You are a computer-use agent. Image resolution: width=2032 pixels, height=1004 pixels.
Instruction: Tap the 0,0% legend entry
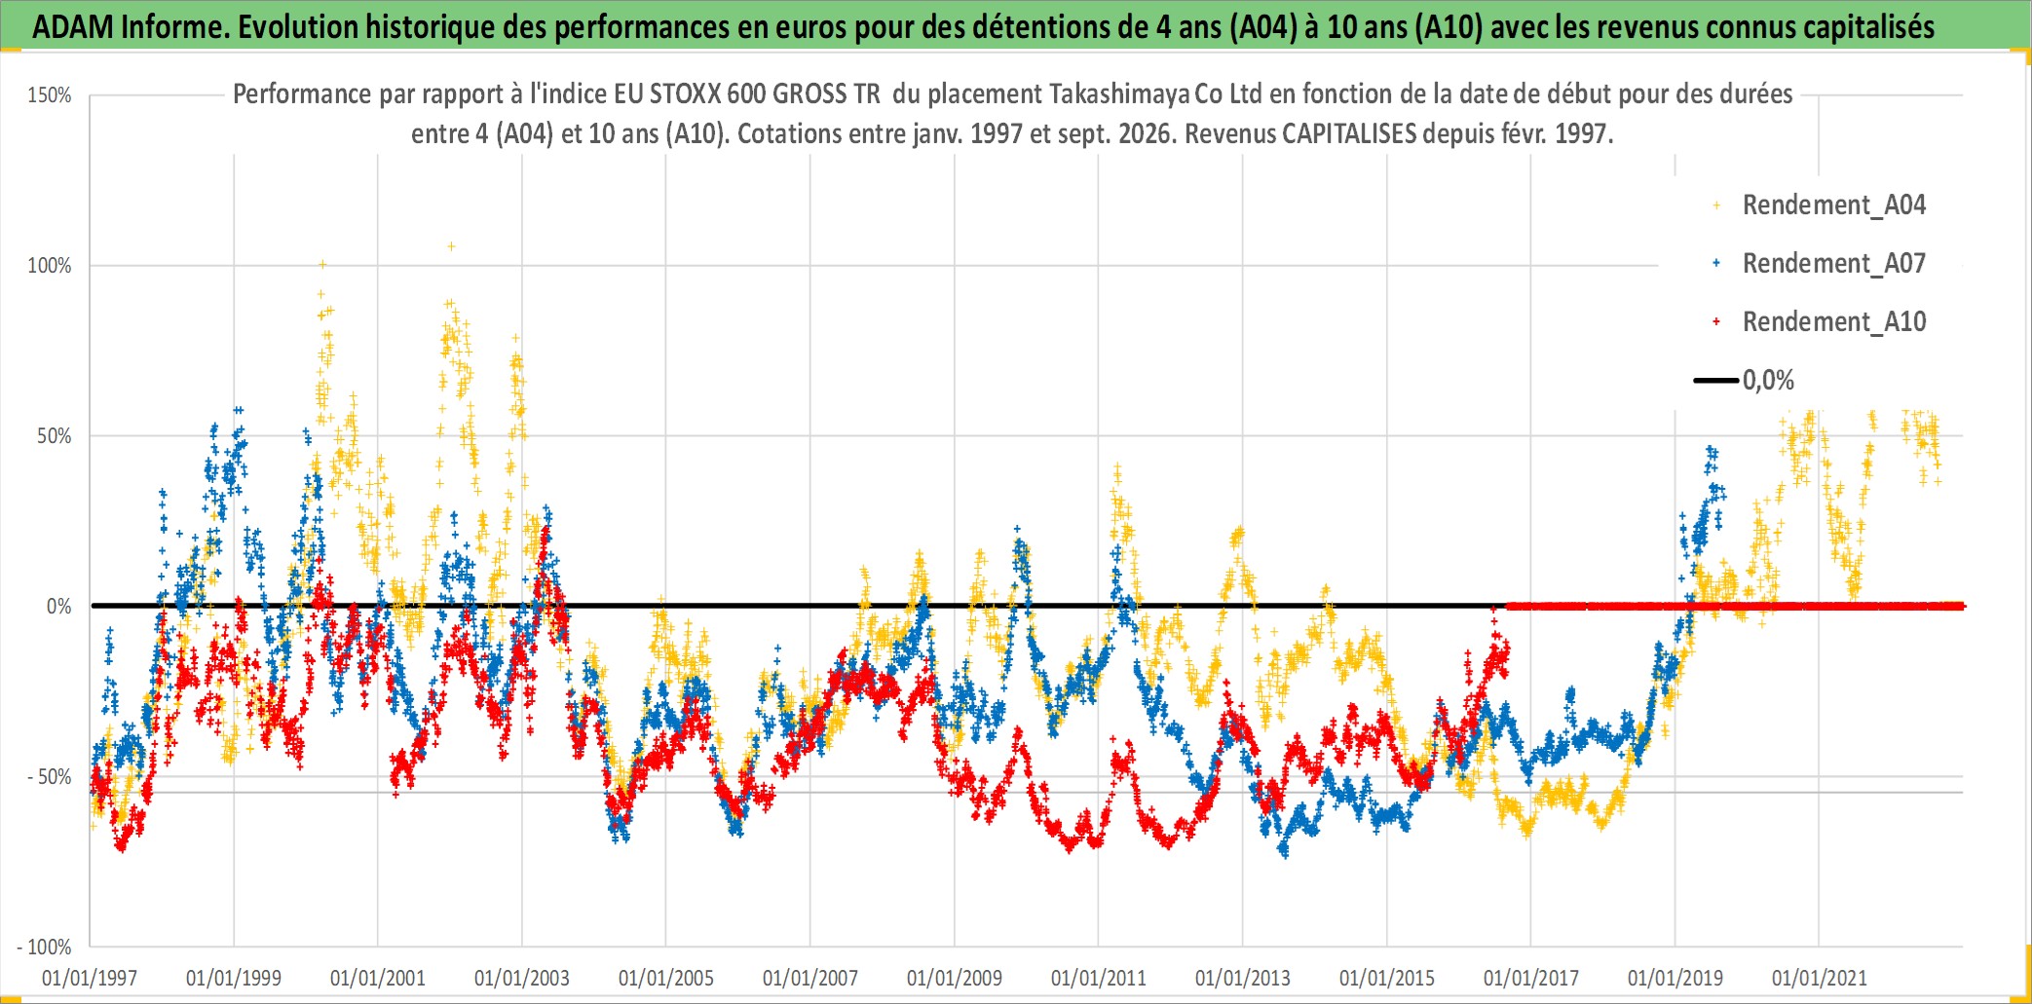point(1745,380)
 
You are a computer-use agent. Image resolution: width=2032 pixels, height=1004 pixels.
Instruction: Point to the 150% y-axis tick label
point(50,95)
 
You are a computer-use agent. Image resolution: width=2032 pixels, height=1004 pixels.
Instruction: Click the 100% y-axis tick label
point(50,266)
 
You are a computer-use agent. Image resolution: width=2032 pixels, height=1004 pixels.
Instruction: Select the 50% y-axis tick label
point(55,436)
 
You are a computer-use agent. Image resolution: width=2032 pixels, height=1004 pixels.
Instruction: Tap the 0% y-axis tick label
point(59,607)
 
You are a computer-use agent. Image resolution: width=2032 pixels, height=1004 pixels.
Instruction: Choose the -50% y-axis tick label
point(50,777)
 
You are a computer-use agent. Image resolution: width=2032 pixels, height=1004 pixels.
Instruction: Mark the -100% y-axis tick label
point(45,947)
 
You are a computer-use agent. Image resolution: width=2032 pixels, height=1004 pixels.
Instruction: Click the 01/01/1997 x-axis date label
point(90,978)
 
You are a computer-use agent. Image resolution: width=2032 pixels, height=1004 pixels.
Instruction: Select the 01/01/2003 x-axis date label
point(522,978)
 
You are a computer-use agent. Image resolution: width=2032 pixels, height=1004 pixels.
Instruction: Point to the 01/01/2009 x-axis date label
point(955,978)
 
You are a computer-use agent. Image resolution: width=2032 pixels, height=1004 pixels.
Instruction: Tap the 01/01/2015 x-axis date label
point(1387,978)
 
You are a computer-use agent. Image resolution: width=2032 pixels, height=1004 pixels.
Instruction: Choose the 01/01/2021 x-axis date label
point(1820,978)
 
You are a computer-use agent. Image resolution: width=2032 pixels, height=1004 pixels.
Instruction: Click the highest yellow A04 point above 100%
point(451,246)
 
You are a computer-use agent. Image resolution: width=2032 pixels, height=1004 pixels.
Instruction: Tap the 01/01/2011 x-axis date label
point(1099,978)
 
